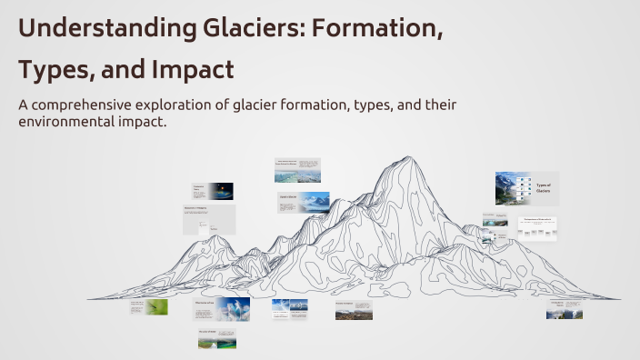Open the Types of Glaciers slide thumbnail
526,188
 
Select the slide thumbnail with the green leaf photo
150,307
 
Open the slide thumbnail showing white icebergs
221,309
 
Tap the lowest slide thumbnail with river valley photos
217,339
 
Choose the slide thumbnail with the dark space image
212,191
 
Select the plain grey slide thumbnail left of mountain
209,219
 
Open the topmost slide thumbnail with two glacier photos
297,170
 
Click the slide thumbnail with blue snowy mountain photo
304,202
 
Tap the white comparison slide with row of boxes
537,228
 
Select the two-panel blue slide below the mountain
290,309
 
